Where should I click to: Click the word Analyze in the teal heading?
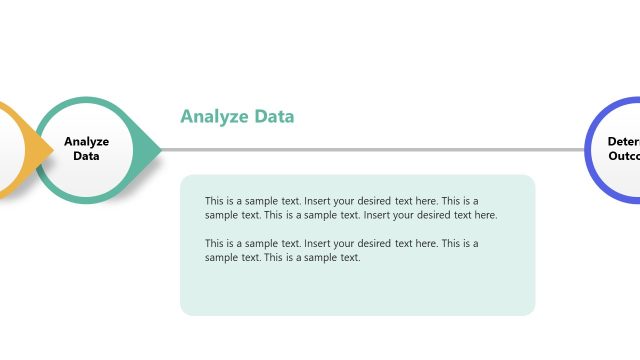click(211, 117)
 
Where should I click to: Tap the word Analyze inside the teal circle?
click(86, 142)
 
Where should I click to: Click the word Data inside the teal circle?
click(86, 156)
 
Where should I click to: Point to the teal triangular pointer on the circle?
click(150, 150)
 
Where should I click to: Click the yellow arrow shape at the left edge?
click(22, 150)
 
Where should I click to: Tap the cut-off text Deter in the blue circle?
click(623, 142)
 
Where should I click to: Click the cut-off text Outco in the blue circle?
click(623, 156)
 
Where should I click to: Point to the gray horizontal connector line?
click(370, 150)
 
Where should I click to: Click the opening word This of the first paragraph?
click(215, 201)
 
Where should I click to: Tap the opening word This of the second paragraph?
click(215, 243)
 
